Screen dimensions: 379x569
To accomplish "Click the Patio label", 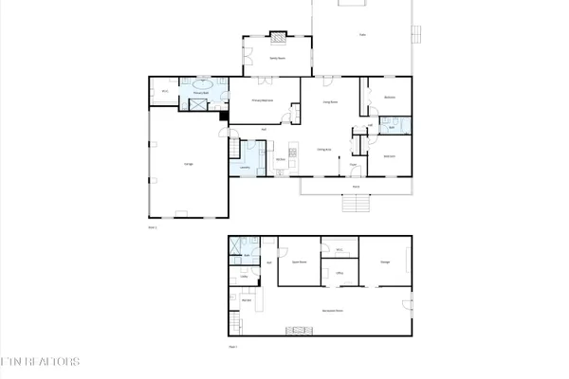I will pyautogui.click(x=362, y=36).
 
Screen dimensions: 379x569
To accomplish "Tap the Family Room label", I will pyautogui.click(x=278, y=58).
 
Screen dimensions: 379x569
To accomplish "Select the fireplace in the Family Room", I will pyautogui.click(x=279, y=38).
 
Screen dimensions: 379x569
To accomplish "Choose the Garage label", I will pyautogui.click(x=189, y=164).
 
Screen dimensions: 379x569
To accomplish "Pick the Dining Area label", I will pyautogui.click(x=323, y=149).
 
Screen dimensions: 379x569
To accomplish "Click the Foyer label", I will pyautogui.click(x=351, y=164).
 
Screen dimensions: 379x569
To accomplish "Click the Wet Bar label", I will pyautogui.click(x=246, y=300).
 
